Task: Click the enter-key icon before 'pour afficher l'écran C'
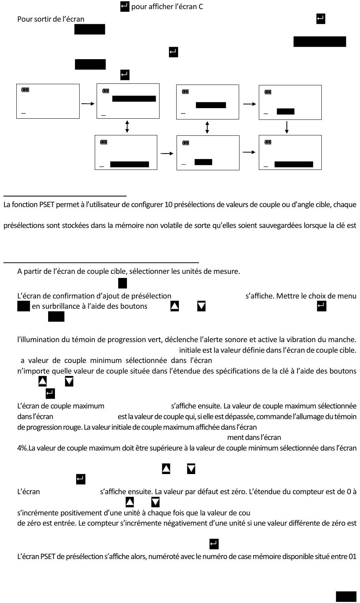pos(125,6)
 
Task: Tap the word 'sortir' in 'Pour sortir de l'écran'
pos(44,19)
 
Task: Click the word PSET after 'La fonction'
pos(47,205)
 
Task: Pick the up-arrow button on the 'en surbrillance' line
pos(175,306)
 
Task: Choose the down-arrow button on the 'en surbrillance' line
pos(202,306)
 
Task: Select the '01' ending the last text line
pos(352,556)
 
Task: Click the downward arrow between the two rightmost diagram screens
pos(287,127)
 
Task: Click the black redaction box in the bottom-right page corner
pos(346,596)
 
